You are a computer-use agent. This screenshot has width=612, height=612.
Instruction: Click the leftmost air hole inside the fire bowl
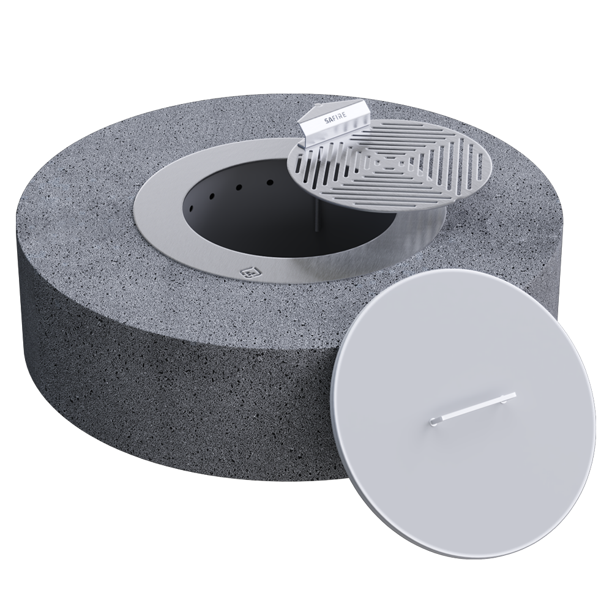pyautogui.click(x=192, y=208)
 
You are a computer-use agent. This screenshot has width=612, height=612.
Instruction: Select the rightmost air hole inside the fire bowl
pyautogui.click(x=269, y=182)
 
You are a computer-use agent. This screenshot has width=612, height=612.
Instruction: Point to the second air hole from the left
pyautogui.click(x=212, y=196)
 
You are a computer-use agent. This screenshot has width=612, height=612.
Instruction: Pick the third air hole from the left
pyautogui.click(x=239, y=187)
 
